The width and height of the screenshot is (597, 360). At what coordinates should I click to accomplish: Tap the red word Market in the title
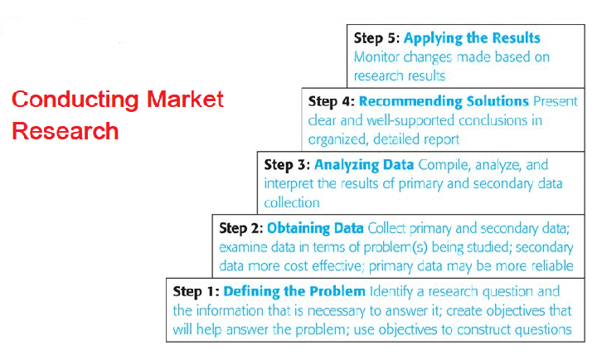pos(185,100)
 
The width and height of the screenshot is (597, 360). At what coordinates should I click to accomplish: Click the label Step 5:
pos(377,38)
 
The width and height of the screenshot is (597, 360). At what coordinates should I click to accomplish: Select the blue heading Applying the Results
pos(472,38)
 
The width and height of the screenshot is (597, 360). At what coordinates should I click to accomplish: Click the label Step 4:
pos(332,101)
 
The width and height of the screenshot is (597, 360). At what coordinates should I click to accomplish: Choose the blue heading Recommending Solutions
pos(444,101)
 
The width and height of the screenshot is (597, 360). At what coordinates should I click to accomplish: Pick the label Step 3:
pos(287,165)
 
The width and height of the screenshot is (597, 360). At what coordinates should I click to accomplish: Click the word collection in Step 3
pos(291,203)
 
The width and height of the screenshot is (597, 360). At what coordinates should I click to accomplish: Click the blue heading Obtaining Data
pos(316,228)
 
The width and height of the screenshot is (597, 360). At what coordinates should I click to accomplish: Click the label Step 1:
pos(197,292)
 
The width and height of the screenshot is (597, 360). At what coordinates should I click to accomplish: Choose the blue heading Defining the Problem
pos(294,292)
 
